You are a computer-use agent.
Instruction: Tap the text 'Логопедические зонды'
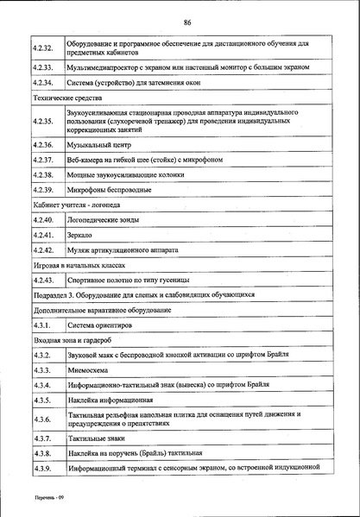(104, 221)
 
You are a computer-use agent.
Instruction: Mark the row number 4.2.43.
(42, 281)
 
